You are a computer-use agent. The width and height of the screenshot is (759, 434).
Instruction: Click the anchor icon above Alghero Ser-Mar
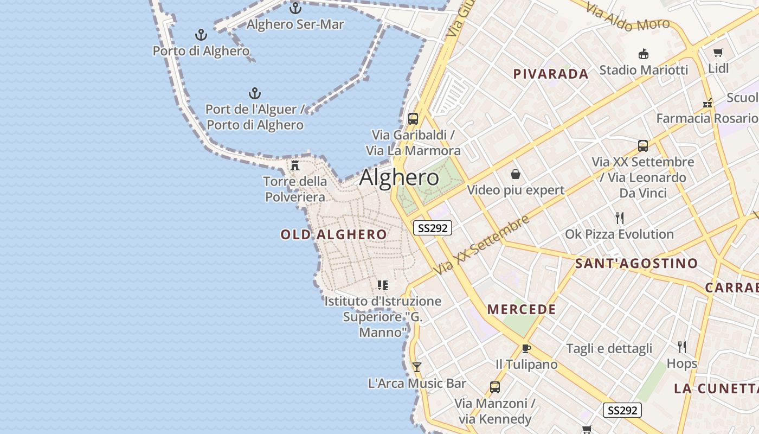(x=295, y=8)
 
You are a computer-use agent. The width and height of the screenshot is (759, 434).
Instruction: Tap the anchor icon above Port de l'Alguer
(x=254, y=93)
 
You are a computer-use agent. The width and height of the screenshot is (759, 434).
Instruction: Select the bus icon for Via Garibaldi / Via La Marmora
(x=413, y=119)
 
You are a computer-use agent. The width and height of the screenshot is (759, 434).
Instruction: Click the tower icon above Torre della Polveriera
(x=295, y=165)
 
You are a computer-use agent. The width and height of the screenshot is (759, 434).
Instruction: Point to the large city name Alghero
(x=399, y=177)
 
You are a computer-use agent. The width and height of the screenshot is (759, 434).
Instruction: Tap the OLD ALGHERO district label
(x=333, y=234)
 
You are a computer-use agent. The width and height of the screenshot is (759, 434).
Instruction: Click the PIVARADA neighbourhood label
(x=550, y=74)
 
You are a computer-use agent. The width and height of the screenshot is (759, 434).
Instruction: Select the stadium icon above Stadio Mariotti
(x=644, y=54)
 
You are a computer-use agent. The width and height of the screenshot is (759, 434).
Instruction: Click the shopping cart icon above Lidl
(x=718, y=53)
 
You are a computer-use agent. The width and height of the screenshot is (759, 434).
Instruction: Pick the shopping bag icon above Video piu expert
(x=516, y=174)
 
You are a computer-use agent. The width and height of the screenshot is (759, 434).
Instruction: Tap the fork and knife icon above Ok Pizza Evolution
(x=620, y=218)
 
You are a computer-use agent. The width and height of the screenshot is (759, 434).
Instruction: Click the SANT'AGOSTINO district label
(x=636, y=264)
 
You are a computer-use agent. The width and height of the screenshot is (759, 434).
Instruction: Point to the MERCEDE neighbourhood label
(x=522, y=309)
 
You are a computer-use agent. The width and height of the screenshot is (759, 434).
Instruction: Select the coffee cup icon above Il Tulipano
(x=526, y=348)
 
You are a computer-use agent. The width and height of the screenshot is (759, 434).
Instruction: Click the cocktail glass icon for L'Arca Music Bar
(x=416, y=367)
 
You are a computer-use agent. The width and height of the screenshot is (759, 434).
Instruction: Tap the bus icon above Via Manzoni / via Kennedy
(x=494, y=387)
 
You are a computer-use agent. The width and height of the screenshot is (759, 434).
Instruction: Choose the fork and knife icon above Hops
(x=682, y=347)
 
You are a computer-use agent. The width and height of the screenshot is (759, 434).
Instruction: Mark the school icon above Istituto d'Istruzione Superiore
(x=383, y=285)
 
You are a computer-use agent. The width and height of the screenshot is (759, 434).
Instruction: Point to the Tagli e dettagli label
(x=609, y=348)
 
